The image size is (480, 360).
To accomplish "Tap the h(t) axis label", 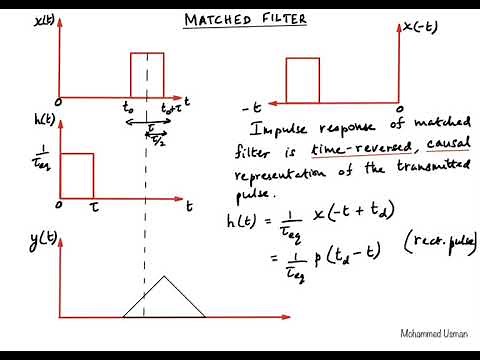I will click(x=44, y=120).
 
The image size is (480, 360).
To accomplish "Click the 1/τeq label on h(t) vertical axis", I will click(x=39, y=159).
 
